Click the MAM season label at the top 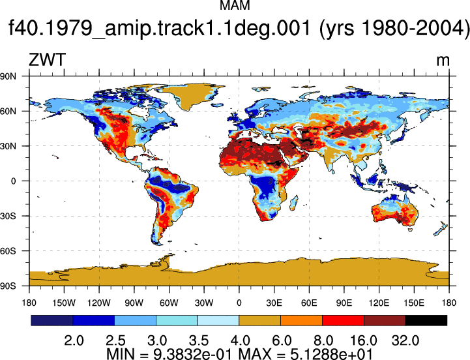tap(235, 5)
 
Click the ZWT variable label tap(47, 60)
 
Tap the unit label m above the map tap(443, 61)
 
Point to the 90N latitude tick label tap(8, 76)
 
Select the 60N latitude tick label tap(8, 112)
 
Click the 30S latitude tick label tap(8, 216)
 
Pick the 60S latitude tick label tap(8, 251)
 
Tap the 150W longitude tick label tap(64, 303)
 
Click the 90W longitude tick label tap(134, 303)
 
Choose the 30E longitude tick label tap(274, 303)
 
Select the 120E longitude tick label tap(379, 303)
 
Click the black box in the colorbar tap(426, 320)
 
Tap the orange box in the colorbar tap(301, 320)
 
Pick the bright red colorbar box tap(343, 320)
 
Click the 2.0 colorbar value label tap(74, 341)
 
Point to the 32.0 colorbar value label tap(405, 341)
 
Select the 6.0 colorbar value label tap(282, 341)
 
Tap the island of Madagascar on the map tap(294, 202)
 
